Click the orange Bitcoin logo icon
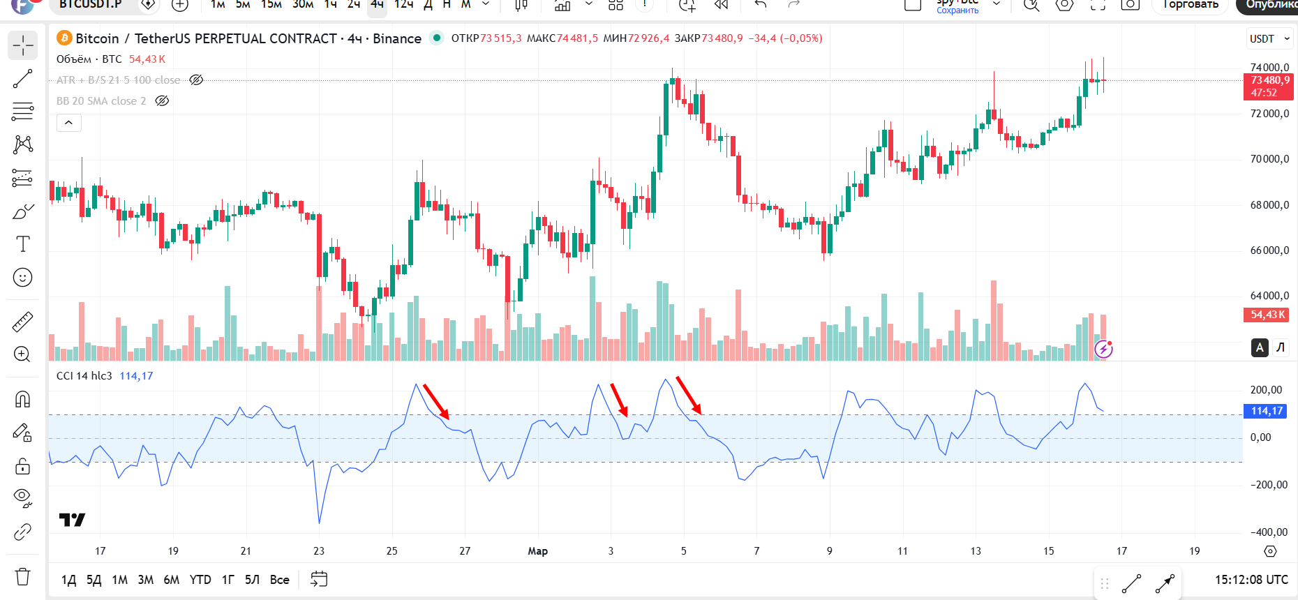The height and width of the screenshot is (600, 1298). (64, 38)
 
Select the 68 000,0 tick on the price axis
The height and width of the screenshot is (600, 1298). (1269, 205)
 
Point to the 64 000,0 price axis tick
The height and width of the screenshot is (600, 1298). (1269, 296)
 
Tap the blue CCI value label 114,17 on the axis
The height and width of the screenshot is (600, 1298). (1267, 411)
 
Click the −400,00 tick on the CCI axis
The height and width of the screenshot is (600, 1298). (1268, 532)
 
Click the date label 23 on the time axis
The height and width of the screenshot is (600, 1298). (319, 551)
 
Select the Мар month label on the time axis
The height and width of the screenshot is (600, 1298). (537, 551)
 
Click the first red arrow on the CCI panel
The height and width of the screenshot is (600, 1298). (436, 401)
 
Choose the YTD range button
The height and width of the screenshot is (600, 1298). (200, 580)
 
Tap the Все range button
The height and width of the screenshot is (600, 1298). (279, 580)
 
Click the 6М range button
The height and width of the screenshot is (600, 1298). (171, 580)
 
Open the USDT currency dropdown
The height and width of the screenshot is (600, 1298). (1269, 39)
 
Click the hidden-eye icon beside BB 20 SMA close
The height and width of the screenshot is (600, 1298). (162, 101)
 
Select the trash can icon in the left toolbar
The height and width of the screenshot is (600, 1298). (23, 577)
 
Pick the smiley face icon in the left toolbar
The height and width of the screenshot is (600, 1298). (23, 278)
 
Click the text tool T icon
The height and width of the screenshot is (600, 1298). (23, 244)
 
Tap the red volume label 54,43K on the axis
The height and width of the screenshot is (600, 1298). (1267, 315)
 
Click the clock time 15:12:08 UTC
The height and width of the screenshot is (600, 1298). (1251, 580)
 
